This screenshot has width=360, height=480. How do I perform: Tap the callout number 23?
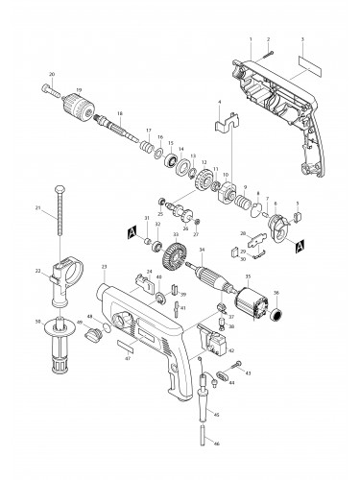tap(102, 266)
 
